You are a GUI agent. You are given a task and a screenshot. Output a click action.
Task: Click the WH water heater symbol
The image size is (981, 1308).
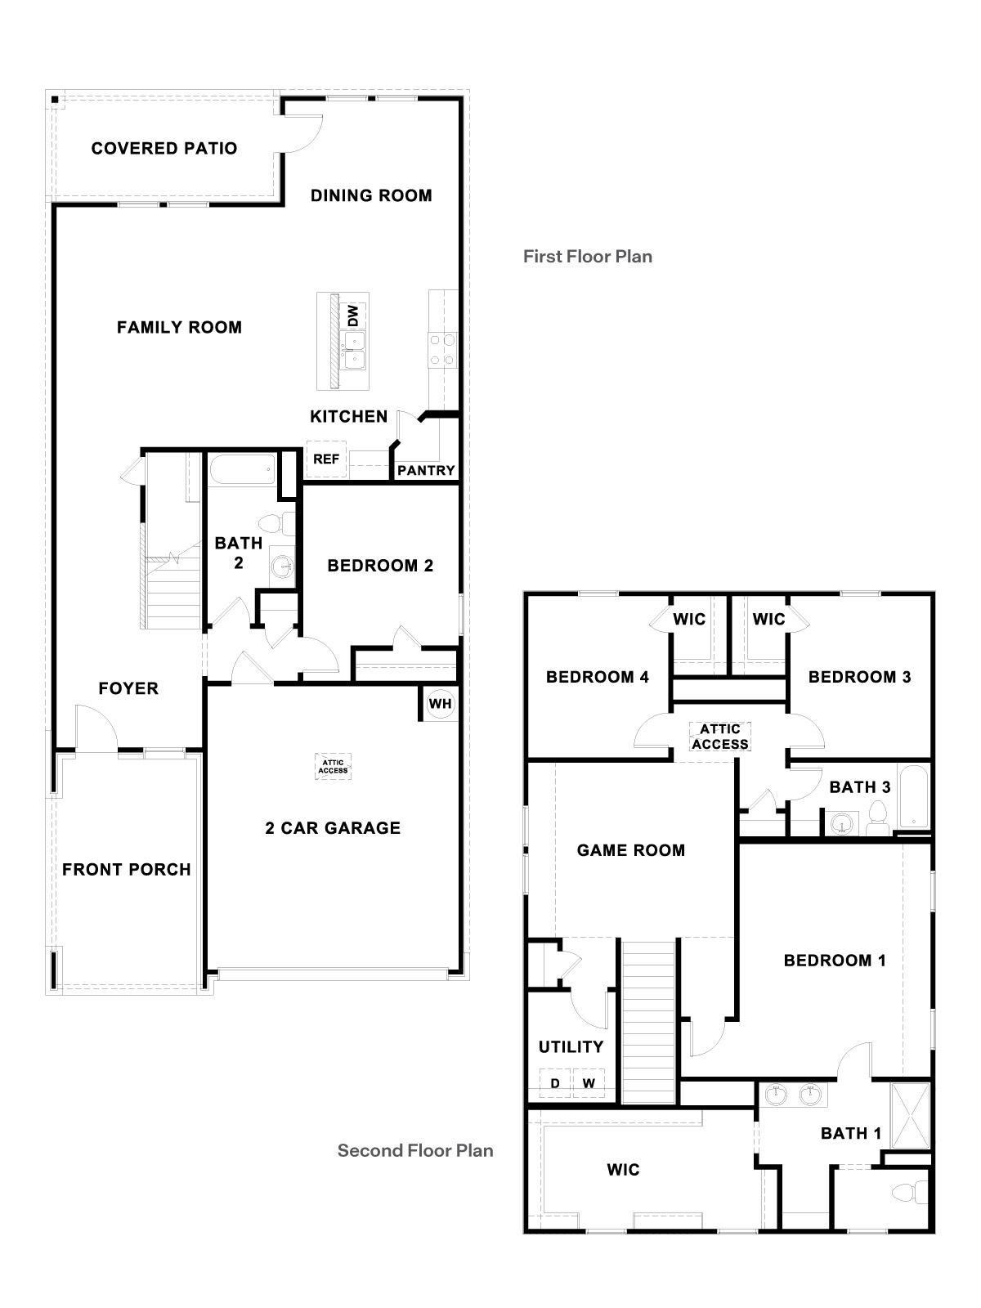[440, 704]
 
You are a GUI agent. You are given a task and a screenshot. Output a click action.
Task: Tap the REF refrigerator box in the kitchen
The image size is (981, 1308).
[326, 459]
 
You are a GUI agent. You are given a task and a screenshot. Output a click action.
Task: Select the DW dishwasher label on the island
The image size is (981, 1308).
[353, 315]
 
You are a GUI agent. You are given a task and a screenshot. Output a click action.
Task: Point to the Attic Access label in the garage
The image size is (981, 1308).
[333, 766]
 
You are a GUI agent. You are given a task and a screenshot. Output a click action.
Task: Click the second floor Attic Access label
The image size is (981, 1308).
[719, 737]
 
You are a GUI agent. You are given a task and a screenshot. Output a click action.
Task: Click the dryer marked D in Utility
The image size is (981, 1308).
[555, 1083]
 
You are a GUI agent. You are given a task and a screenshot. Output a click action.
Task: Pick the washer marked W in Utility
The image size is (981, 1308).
[588, 1083]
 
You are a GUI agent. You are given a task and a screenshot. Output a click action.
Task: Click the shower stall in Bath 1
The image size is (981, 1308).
[910, 1115]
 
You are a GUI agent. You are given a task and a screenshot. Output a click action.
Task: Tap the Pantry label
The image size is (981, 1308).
[426, 471]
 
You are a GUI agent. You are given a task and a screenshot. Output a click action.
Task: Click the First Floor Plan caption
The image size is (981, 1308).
[587, 257]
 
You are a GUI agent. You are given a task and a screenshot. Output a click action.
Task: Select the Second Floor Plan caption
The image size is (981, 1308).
[415, 1151]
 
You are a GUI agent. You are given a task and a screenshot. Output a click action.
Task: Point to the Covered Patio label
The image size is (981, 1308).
[164, 149]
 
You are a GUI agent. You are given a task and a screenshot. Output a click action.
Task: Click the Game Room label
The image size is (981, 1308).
[630, 850]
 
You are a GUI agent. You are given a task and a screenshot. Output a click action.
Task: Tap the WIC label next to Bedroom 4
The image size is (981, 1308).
[689, 620]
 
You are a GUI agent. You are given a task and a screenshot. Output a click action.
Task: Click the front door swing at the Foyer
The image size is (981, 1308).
[96, 726]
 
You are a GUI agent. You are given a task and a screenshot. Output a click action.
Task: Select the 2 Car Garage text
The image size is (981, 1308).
[333, 828]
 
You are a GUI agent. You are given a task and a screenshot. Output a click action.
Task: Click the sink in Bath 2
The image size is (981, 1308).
[283, 564]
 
